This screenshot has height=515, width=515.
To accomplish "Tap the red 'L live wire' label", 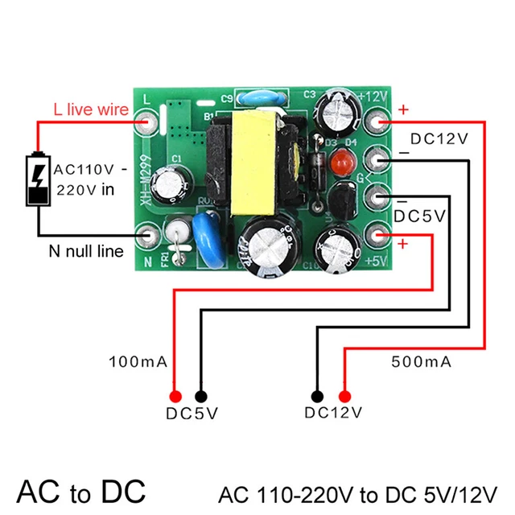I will [x=90, y=109].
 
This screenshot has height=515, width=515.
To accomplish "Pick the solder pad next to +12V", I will [x=378, y=122].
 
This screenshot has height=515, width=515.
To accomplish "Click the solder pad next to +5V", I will [x=378, y=235].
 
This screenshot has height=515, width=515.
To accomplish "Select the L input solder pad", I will [x=147, y=122].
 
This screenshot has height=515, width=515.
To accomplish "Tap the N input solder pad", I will [x=147, y=237].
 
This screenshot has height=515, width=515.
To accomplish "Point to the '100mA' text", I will [x=137, y=361].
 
